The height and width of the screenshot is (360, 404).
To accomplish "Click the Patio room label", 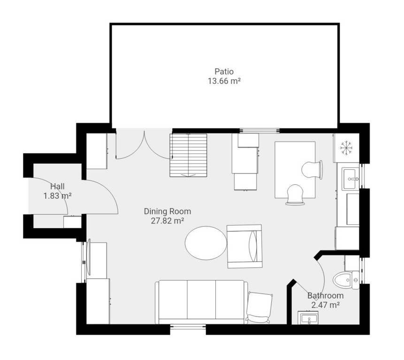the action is (x=224, y=71).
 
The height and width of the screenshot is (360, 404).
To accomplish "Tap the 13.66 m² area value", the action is (x=224, y=81).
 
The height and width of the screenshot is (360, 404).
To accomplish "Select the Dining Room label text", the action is (x=168, y=211).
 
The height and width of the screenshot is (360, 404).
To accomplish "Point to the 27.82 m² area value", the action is (x=168, y=221).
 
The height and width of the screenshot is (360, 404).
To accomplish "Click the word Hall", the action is (x=57, y=186).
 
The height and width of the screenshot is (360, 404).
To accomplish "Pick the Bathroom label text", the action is (x=326, y=295).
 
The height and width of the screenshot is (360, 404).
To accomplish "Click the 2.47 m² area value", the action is (x=326, y=305).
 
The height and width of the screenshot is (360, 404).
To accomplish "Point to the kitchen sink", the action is (x=350, y=179).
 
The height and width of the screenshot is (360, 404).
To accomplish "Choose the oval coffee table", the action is (x=206, y=243).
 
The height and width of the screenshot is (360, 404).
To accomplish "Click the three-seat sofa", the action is (x=201, y=302).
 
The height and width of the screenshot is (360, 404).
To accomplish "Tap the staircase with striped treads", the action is (x=188, y=155).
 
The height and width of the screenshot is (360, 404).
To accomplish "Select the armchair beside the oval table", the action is (x=245, y=246).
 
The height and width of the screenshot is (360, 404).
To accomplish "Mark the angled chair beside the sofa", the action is (x=259, y=307).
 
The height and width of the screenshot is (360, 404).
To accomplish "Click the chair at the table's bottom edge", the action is (x=295, y=195).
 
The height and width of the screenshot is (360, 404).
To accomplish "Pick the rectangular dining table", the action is (x=295, y=170).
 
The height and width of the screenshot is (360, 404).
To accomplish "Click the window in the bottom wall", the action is (x=188, y=327).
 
